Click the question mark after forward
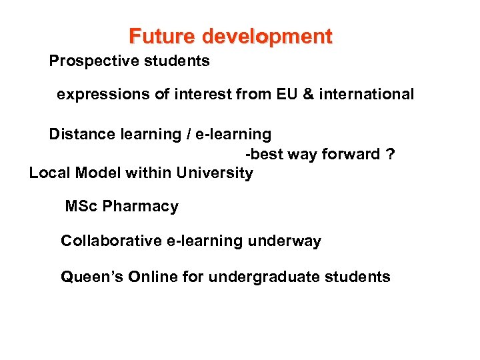391,154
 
